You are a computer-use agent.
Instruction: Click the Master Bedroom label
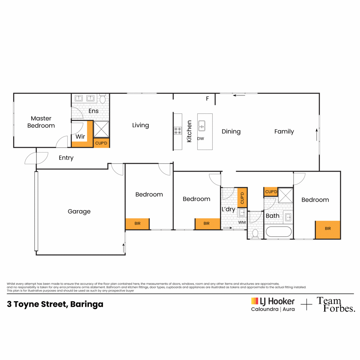(41, 122)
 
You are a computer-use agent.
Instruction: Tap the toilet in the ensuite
(103, 99)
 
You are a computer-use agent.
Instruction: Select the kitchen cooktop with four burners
(178, 130)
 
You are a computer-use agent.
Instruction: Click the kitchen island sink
(202, 126)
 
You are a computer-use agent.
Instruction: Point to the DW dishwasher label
(201, 139)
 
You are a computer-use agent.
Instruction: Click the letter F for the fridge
(207, 98)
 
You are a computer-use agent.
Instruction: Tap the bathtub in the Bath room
(278, 232)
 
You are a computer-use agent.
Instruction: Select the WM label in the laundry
(242, 222)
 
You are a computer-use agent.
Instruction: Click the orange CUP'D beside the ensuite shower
(101, 143)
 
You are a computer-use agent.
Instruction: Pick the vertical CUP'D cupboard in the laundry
(242, 198)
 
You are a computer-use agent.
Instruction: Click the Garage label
(79, 211)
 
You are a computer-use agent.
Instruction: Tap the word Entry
(66, 158)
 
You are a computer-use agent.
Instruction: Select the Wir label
(80, 136)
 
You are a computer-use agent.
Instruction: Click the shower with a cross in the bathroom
(286, 195)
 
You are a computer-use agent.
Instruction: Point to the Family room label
(284, 131)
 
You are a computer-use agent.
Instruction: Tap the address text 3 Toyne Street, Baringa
(55, 304)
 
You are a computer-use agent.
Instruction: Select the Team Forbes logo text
(336, 304)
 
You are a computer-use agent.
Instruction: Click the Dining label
(231, 131)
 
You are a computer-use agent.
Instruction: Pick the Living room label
(140, 125)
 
